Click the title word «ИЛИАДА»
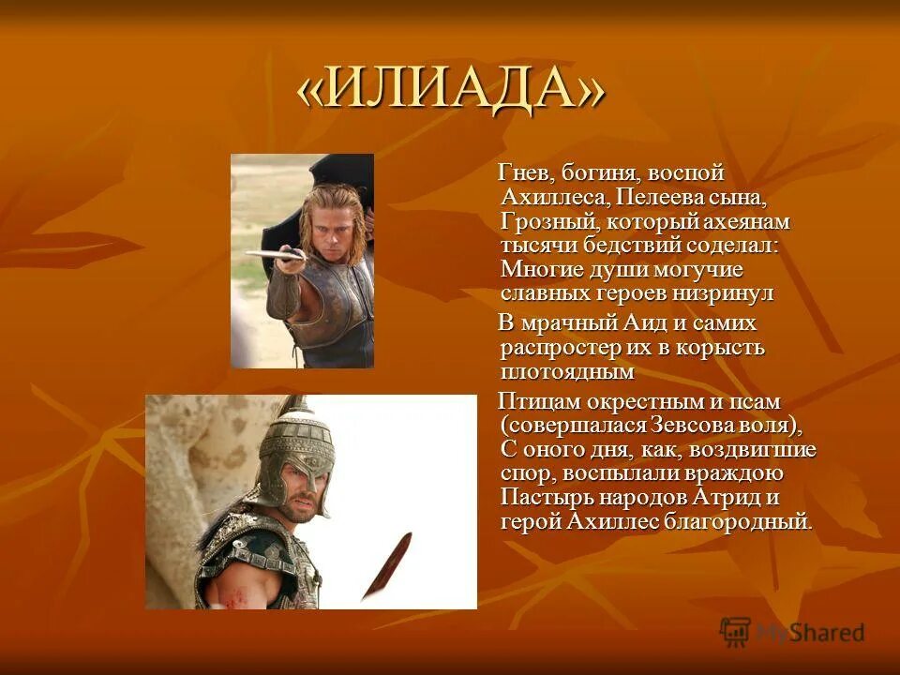tap(451, 92)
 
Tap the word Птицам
tap(538, 402)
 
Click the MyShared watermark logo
tap(792, 632)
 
